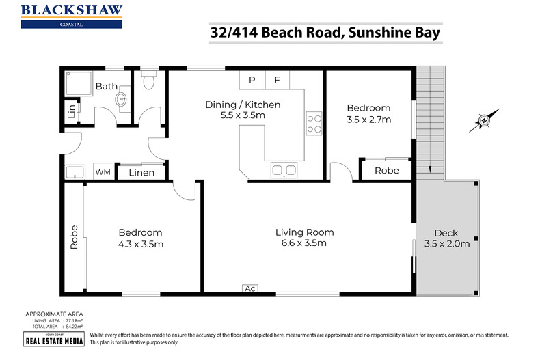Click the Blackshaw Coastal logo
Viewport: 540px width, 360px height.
(x=72, y=15)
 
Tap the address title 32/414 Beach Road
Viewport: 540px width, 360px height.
(x=324, y=32)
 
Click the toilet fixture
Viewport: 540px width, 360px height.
(x=150, y=81)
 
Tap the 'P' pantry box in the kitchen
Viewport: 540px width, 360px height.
(x=252, y=80)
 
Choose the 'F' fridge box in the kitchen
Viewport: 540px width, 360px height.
(x=277, y=80)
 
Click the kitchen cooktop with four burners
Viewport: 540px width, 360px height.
(x=314, y=123)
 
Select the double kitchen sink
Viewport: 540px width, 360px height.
(x=284, y=169)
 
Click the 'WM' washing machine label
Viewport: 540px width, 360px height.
(x=103, y=172)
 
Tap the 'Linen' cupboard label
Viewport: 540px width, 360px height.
(x=141, y=173)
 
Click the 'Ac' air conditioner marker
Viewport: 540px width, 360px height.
(x=250, y=288)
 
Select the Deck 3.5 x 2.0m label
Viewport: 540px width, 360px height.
(x=447, y=238)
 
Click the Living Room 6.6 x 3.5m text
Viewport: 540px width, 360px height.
(x=305, y=238)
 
